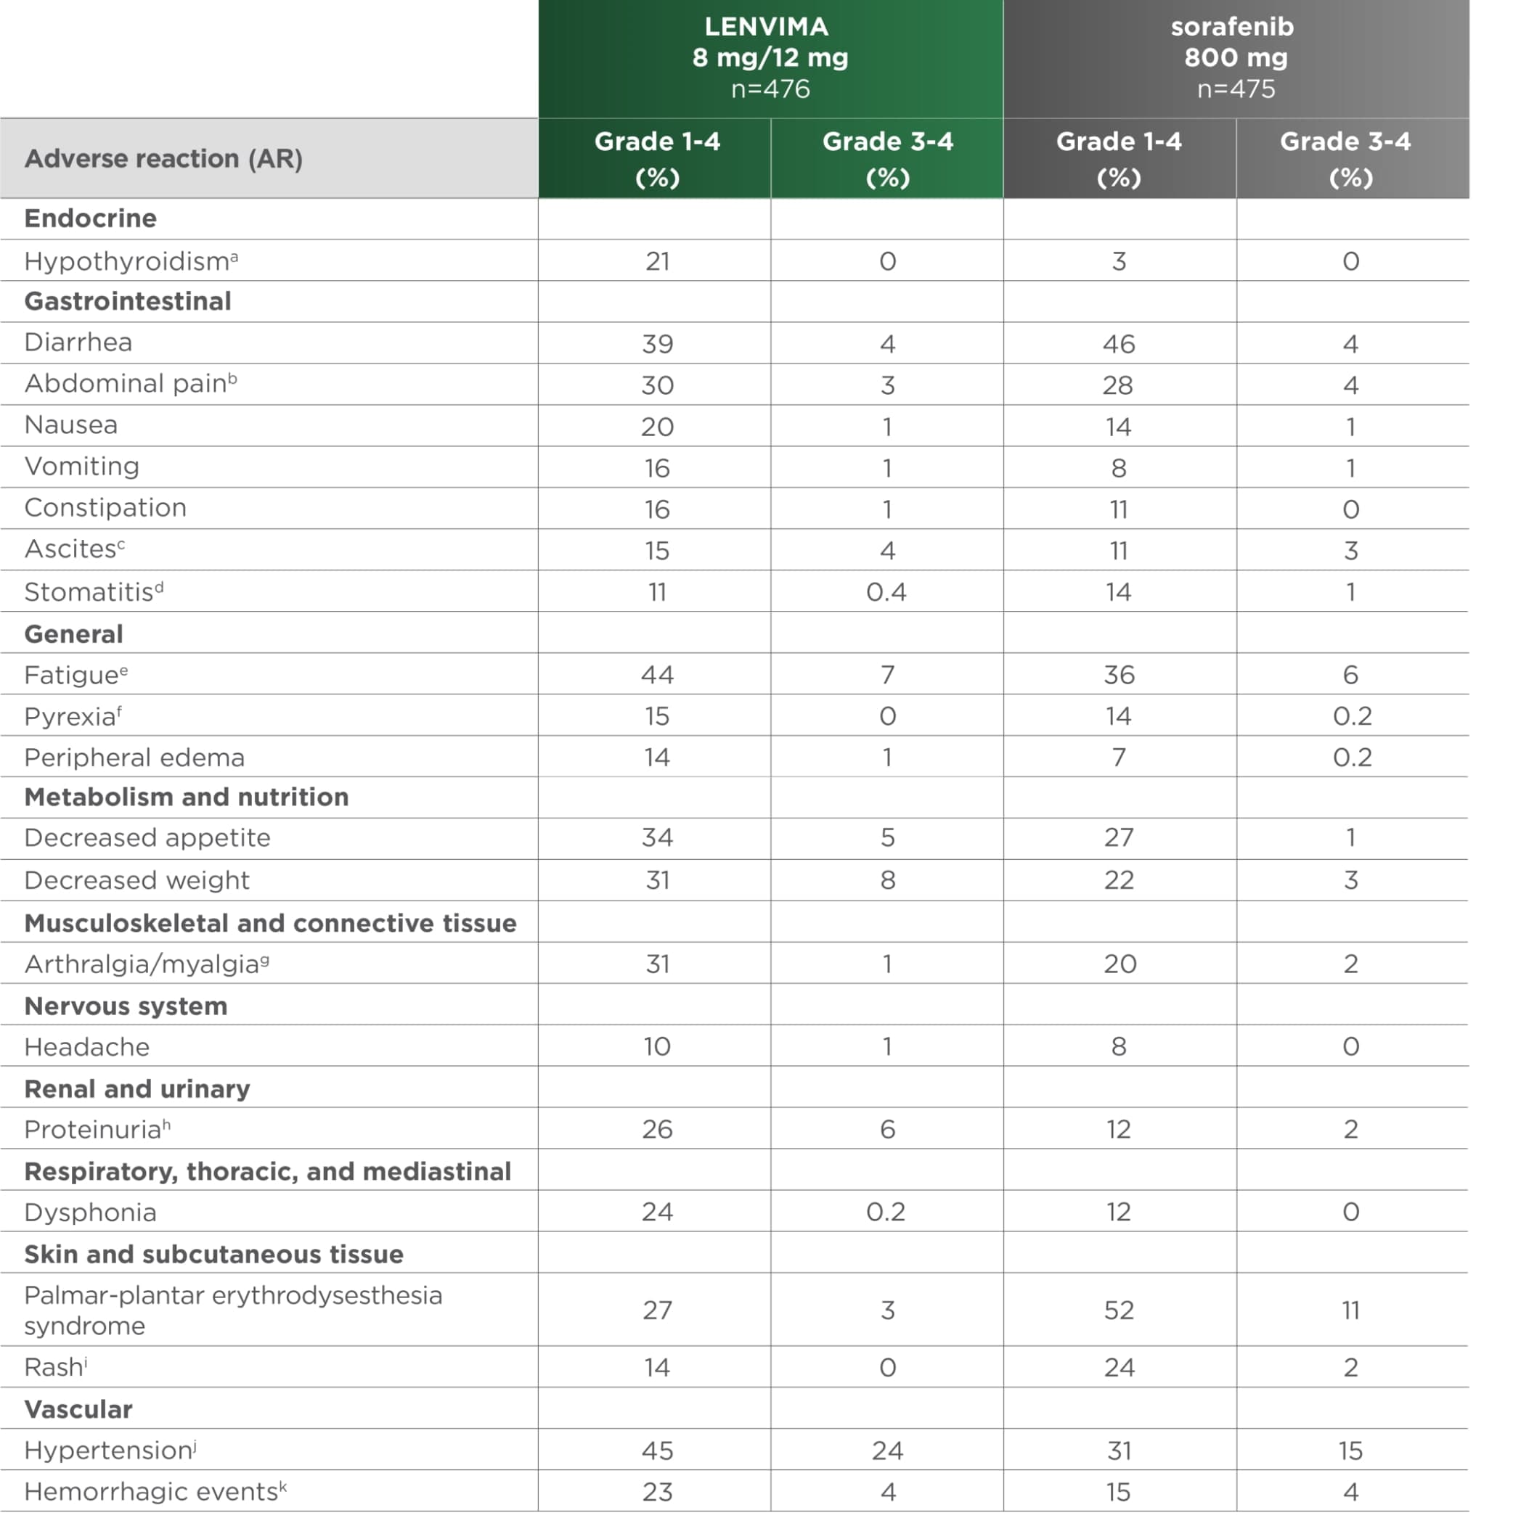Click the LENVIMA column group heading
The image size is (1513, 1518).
pos(767,27)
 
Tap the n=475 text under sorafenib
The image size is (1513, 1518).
pos(1236,89)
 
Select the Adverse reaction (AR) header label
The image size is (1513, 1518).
pos(163,159)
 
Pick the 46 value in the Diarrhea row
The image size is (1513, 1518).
pos(1119,344)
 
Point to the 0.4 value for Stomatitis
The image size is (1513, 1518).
pos(886,591)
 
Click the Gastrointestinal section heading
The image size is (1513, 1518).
pos(127,301)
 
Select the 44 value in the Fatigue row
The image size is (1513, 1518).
pos(657,674)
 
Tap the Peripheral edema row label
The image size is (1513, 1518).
pos(134,758)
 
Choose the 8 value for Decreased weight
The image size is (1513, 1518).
pos(887,880)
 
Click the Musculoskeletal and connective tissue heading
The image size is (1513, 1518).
pos(270,922)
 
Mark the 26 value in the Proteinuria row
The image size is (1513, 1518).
pos(657,1129)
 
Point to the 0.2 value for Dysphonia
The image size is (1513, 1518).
pos(886,1212)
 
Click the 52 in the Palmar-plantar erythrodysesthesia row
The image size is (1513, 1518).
pos(1119,1310)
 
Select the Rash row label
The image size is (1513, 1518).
pos(55,1367)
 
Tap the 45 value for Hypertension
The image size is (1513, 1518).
pos(657,1451)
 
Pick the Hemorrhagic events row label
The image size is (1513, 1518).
pos(155,1491)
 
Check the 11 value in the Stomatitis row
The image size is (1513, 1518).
pos(657,591)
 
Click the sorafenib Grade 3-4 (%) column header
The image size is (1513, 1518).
pos(1351,158)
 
